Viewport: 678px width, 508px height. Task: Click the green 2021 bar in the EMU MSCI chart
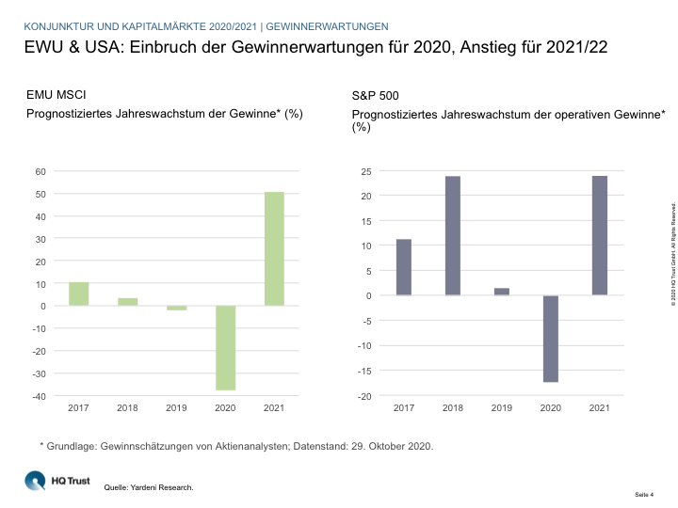pos(274,248)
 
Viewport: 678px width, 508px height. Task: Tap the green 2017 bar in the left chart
pos(79,294)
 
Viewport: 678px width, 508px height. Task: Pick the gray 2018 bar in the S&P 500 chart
pos(453,235)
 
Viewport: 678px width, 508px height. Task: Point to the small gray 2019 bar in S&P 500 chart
pos(502,292)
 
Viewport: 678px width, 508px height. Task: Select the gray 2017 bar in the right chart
pos(404,267)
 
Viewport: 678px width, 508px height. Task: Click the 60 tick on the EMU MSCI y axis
pos(40,171)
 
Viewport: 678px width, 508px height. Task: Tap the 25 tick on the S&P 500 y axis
pos(365,171)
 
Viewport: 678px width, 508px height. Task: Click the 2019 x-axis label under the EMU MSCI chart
pos(176,408)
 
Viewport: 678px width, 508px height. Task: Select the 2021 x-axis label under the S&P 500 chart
pos(600,408)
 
